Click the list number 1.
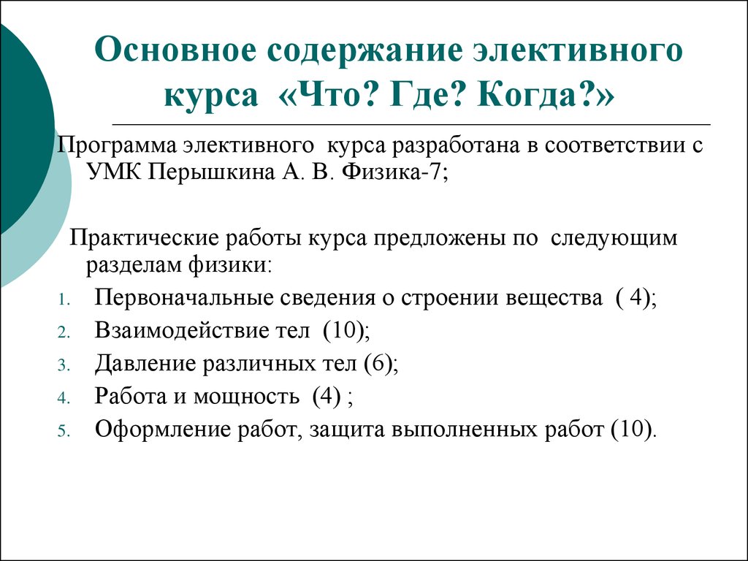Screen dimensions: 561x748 62,301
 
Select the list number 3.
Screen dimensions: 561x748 62,365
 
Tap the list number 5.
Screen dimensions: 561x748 62,430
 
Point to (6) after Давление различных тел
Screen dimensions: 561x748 380,363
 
